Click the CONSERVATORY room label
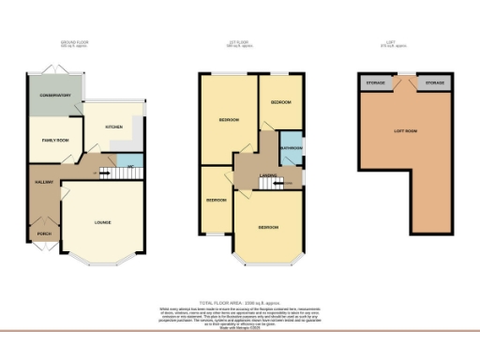point(55,96)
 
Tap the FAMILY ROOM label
point(55,139)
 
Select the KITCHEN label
point(114,125)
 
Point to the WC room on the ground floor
point(130,167)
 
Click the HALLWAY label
point(42,181)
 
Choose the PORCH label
point(43,232)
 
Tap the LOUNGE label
point(103,222)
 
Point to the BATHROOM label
point(290,147)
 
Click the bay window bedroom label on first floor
point(268,228)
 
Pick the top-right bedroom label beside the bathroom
point(281,101)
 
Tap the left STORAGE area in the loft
point(374,82)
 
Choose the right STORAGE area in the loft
point(434,82)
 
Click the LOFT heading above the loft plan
point(405,42)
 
